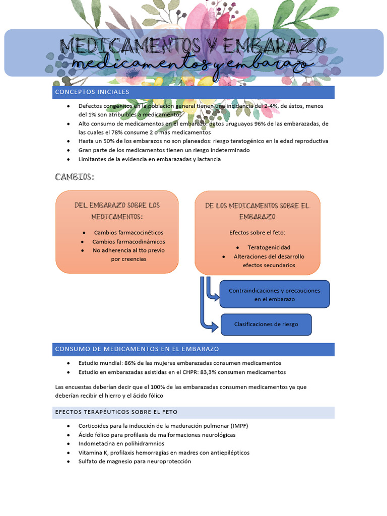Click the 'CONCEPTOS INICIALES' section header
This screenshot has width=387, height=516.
click(x=92, y=92)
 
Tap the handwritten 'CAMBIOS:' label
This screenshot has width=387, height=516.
click(x=74, y=177)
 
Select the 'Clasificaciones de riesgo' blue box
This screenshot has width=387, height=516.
click(x=266, y=324)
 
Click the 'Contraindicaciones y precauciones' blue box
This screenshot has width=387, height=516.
click(x=275, y=294)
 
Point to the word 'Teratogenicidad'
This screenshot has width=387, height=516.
click(x=269, y=247)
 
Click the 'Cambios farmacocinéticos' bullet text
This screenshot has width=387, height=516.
click(x=128, y=232)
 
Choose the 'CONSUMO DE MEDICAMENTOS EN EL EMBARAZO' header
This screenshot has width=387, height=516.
click(x=137, y=349)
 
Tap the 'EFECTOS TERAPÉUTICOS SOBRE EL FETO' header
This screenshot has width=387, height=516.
click(x=116, y=412)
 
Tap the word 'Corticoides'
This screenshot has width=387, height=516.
click(x=94, y=425)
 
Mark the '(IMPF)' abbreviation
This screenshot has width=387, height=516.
click(x=237, y=425)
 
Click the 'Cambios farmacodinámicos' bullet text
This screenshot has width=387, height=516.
click(x=128, y=241)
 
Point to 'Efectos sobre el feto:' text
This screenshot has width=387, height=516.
click(x=257, y=232)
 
